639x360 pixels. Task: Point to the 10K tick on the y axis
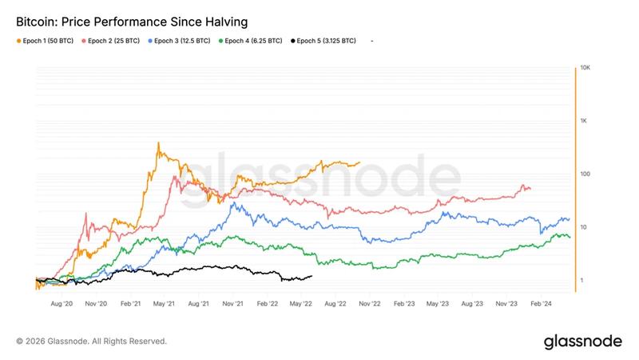585,68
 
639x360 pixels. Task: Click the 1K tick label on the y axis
585,121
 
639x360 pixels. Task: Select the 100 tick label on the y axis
585,174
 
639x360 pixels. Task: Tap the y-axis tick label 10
584,227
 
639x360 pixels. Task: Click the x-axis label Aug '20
62,304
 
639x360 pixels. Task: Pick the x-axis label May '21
164,304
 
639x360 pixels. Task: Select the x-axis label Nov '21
232,304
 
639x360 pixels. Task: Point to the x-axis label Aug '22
335,304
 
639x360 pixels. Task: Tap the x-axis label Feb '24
542,304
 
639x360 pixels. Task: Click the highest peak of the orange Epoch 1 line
158,144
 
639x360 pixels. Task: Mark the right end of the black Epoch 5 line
312,276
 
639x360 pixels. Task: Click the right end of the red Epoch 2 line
530,189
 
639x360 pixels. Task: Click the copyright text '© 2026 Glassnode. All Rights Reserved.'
91,341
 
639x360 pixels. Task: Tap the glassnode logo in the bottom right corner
582,341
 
